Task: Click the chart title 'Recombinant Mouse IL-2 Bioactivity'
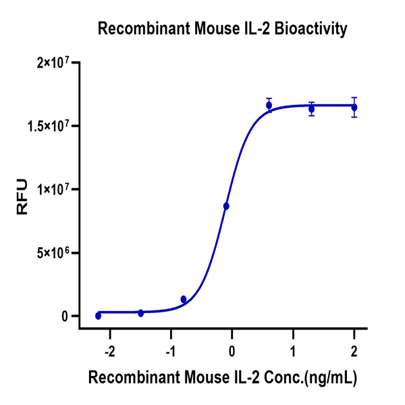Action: (223, 29)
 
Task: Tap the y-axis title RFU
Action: (22, 196)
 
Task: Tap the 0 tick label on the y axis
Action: (66, 317)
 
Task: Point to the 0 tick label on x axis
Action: (232, 352)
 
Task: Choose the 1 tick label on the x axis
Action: (293, 352)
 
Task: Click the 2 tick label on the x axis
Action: (354, 352)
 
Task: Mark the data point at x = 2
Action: (354, 107)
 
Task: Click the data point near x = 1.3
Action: (311, 109)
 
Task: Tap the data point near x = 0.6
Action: (269, 105)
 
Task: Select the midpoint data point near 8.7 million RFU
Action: (226, 206)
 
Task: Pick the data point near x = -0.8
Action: (184, 299)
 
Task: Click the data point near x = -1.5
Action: (140, 313)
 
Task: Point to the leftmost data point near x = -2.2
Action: (98, 315)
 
